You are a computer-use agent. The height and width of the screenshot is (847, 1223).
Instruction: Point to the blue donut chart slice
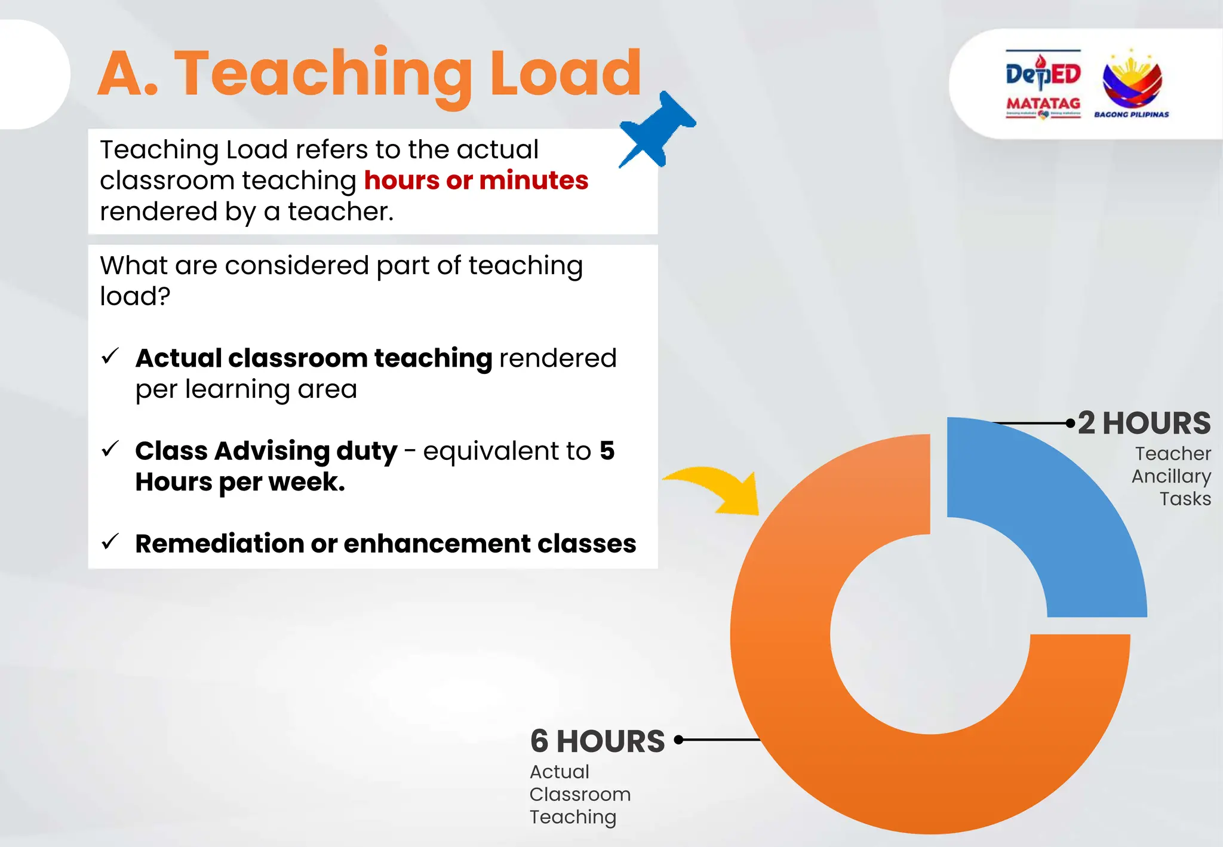tap(1063, 514)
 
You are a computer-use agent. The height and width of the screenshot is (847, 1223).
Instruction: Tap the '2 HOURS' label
tap(1144, 423)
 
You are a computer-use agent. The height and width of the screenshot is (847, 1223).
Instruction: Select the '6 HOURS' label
tap(597, 741)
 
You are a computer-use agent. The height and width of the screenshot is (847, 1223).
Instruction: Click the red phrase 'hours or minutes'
tap(476, 180)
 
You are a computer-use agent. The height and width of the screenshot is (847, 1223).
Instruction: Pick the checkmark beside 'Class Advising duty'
tap(110, 449)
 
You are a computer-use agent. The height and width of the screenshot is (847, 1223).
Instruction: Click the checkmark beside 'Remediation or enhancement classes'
tap(110, 541)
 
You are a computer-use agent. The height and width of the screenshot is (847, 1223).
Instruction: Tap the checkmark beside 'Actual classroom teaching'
tap(110, 356)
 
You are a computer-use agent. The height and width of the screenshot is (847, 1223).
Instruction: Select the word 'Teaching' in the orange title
tap(323, 74)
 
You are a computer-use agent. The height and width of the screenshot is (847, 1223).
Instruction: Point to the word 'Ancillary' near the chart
tap(1171, 477)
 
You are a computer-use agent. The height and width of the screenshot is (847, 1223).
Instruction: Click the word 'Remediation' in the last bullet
tap(219, 544)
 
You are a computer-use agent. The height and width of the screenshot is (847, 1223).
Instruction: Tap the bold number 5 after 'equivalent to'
tap(607, 450)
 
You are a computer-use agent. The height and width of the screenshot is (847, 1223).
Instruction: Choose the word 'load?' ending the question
tap(135, 296)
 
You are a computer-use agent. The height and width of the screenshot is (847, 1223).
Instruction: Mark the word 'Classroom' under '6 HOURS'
tap(580, 794)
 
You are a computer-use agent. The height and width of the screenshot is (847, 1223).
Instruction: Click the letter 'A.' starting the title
tap(128, 74)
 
